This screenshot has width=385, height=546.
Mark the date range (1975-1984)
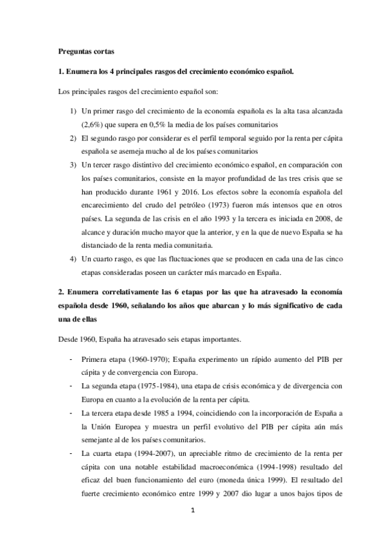tap(150, 385)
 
